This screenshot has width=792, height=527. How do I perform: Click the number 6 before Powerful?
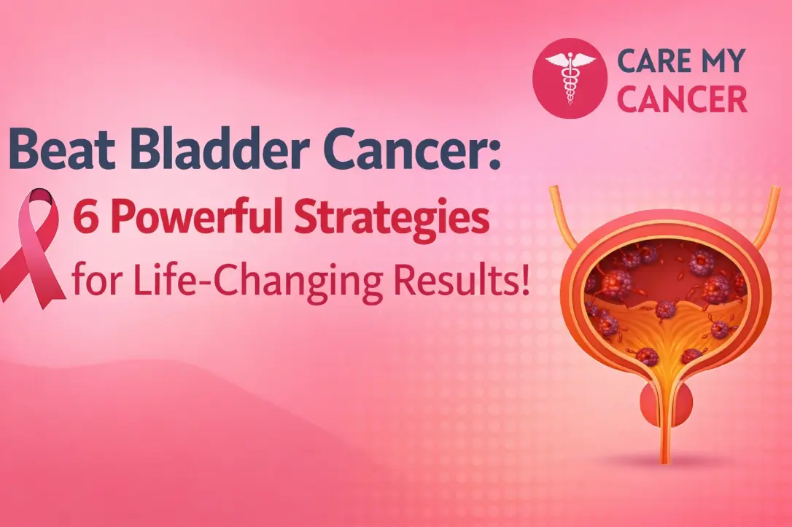tap(85, 220)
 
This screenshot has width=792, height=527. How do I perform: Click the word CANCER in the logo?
tap(682, 99)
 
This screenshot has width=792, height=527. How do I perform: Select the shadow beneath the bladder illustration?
tap(665, 461)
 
